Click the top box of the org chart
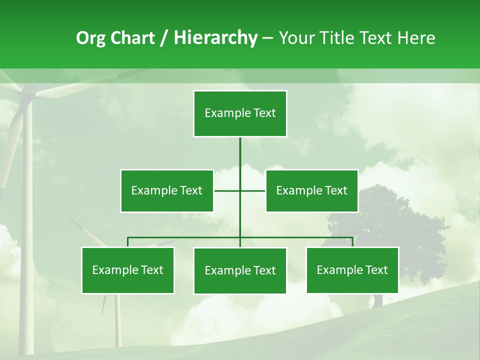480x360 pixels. click(x=240, y=113)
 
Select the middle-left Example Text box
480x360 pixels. click(x=166, y=190)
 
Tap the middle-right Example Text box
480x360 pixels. click(x=311, y=190)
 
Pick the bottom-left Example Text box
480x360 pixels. click(x=127, y=270)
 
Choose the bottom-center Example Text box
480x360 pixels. click(x=240, y=270)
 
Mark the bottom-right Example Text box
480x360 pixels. click(x=352, y=270)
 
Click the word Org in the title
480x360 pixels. click(x=91, y=38)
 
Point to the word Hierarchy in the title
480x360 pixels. click(x=215, y=38)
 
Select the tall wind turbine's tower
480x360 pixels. click(x=26, y=225)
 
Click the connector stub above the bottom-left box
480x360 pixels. click(x=127, y=242)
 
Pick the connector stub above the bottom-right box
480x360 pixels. click(x=352, y=242)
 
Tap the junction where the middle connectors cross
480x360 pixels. click(x=240, y=190)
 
